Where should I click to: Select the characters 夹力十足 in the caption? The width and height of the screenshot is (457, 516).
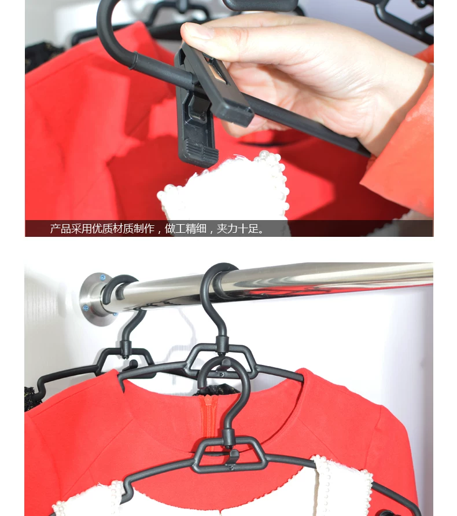tap(237, 228)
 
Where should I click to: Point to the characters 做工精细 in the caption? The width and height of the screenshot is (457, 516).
tap(186, 228)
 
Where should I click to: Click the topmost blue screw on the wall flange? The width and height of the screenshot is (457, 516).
tap(102, 277)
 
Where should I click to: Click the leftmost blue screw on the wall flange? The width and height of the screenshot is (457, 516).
tap(86, 308)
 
